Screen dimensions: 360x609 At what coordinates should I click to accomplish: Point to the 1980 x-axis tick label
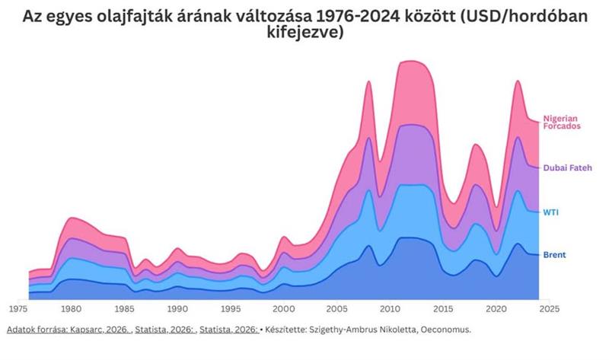[x=72, y=310]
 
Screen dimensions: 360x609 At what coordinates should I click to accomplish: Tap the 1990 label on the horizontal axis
[x=177, y=310]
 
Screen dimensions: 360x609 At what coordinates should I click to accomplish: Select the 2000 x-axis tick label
[x=283, y=310]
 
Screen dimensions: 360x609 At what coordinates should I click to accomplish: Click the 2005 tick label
[x=336, y=310]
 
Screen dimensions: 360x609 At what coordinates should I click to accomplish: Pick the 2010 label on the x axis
[x=390, y=310]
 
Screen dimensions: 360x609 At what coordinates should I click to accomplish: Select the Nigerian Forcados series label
[x=562, y=123]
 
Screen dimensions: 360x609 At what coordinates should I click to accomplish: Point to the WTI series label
[x=550, y=212]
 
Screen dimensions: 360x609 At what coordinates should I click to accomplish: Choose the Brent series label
[x=553, y=254]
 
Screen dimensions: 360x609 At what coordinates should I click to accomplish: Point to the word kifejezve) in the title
[x=304, y=34]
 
